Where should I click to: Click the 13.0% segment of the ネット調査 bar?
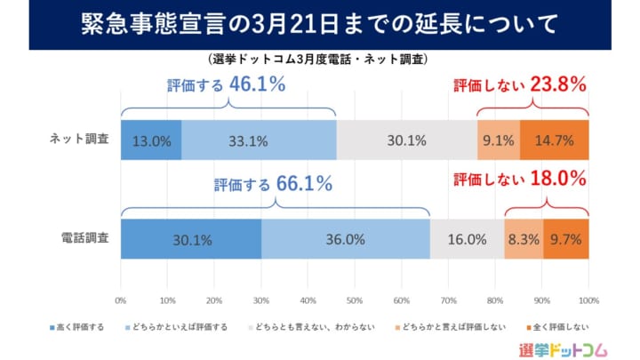pos(151,140)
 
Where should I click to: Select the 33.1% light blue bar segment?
pos(259,140)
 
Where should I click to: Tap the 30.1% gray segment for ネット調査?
pos(407,140)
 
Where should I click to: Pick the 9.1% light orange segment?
pos(499,140)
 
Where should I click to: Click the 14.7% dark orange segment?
pos(555,140)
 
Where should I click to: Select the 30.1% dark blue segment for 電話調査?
pos(191,238)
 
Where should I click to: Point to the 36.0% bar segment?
pos(346,238)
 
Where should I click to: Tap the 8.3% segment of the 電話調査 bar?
pos(524,238)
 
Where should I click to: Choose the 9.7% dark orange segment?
pos(566,238)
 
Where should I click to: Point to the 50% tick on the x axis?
pos(355,300)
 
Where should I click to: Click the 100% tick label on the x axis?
pos(588,300)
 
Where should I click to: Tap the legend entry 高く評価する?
pos(77,327)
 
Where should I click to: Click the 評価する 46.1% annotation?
pos(226,85)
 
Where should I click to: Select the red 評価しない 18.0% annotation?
pos(520,179)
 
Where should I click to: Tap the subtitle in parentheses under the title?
pos(320,60)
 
